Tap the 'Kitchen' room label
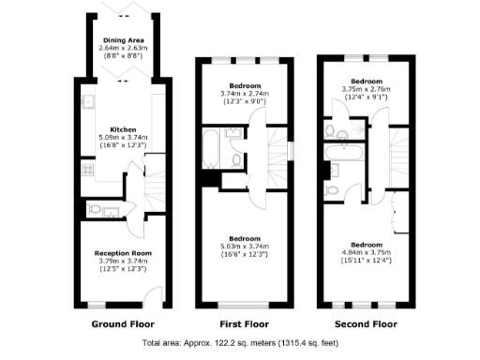coord(124,129)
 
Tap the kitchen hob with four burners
coord(86,171)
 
